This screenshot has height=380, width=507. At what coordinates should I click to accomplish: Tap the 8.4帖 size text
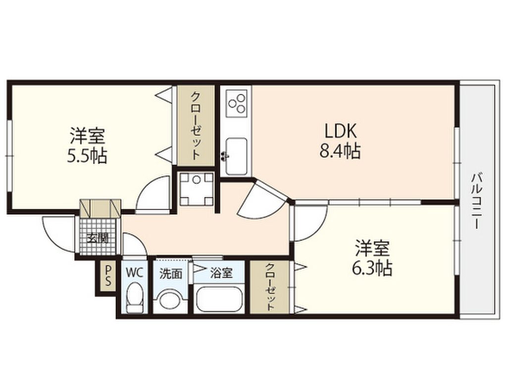[x=340, y=150]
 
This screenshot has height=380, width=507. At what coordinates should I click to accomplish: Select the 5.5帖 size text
[x=87, y=155]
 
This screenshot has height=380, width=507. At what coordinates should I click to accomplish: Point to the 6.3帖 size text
[x=372, y=268]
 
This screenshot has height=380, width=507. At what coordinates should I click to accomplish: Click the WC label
[x=134, y=273]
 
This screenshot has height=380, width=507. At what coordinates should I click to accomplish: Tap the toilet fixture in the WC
[x=134, y=297]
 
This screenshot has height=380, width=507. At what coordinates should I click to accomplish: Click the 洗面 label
[x=171, y=274]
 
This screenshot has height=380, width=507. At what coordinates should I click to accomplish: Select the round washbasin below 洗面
[x=171, y=301]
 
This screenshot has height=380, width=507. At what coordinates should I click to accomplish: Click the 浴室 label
[x=221, y=273]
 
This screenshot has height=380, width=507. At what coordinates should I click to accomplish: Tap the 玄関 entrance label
[x=98, y=239]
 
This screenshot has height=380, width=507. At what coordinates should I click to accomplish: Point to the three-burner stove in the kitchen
[x=236, y=103]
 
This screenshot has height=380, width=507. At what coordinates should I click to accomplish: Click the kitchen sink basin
[x=236, y=156]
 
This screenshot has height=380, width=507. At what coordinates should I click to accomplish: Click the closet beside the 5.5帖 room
[x=196, y=126]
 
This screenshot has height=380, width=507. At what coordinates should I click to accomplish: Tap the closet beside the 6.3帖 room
[x=270, y=287]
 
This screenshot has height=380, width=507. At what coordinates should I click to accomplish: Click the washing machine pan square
[x=197, y=190]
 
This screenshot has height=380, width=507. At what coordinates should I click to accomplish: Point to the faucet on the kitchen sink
[x=223, y=156]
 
